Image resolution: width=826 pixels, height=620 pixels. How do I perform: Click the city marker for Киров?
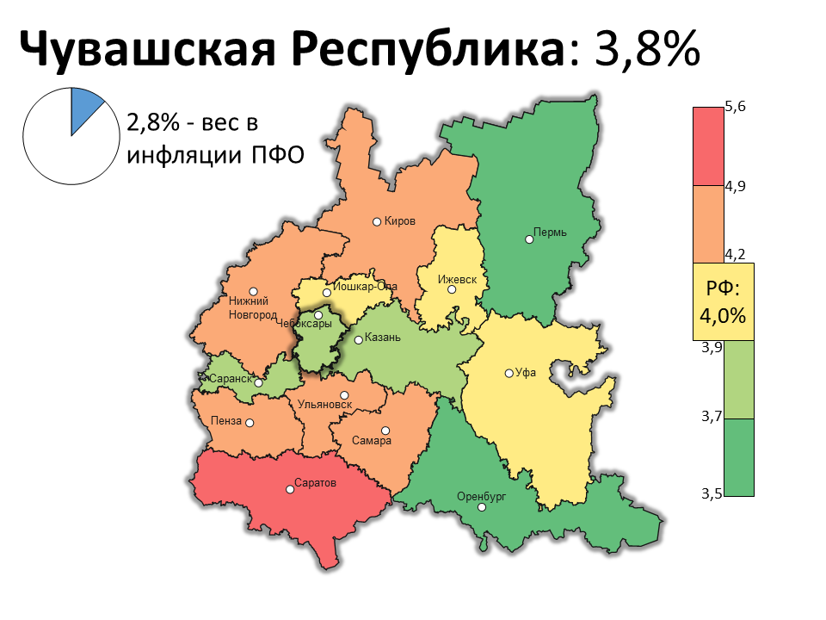[x=377, y=221]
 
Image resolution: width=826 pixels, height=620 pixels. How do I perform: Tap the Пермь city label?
[x=550, y=232]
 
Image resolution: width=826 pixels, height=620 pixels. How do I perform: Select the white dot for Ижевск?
[x=452, y=289]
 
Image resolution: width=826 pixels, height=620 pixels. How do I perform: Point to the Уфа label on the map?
[x=526, y=373]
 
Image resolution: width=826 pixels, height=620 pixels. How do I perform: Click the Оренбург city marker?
[x=482, y=507]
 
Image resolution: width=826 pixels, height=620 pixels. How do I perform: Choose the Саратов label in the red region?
[x=314, y=483]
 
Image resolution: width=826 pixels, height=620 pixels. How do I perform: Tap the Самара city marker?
[x=385, y=431]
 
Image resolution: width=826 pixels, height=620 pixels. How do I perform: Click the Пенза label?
[x=225, y=421]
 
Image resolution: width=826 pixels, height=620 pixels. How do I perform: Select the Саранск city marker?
[x=258, y=383]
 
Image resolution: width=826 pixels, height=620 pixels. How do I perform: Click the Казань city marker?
[x=359, y=340]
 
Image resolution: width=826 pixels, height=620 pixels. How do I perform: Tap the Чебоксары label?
[x=304, y=325]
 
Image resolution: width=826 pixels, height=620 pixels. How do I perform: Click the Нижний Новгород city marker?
[x=253, y=291]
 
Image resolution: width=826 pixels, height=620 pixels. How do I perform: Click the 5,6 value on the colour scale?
[x=735, y=107]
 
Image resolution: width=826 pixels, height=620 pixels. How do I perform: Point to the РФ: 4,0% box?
[x=723, y=301]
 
